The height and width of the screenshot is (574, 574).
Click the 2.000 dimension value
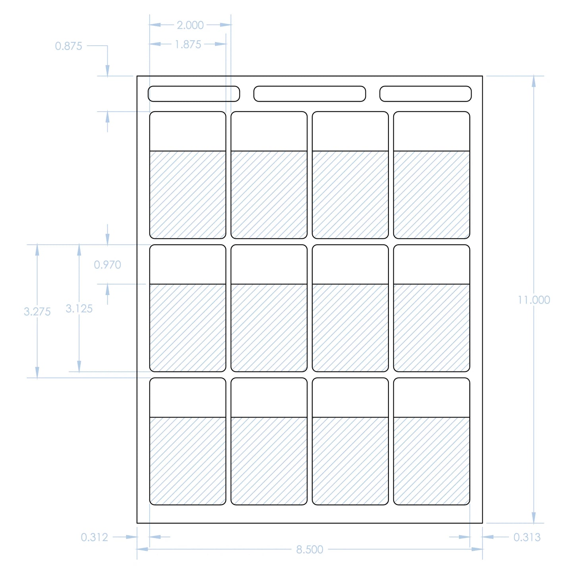[x=190, y=25]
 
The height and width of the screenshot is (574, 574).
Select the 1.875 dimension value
[x=188, y=44]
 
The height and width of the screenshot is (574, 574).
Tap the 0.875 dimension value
[x=68, y=46]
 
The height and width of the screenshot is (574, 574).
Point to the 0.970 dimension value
[x=108, y=265]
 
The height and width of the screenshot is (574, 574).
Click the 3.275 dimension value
[x=37, y=311]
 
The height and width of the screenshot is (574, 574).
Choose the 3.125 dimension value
[x=79, y=309]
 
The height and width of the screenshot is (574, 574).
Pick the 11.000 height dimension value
[x=534, y=300]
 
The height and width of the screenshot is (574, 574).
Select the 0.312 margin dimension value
[x=95, y=537]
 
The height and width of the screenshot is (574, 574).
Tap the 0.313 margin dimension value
[x=527, y=537]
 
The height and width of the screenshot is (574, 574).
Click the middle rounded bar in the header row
[x=309, y=94]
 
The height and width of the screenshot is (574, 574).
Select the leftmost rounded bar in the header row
[x=194, y=94]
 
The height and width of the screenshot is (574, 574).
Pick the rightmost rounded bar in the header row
[x=425, y=94]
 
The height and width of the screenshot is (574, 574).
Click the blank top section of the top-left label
[x=187, y=131]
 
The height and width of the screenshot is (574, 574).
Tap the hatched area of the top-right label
[x=432, y=195]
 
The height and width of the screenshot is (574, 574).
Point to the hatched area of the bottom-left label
[x=187, y=461]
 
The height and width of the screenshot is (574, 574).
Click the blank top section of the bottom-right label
[x=432, y=398]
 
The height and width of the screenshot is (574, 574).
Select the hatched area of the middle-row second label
[x=269, y=328]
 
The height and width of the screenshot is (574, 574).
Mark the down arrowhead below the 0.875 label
[x=108, y=71]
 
